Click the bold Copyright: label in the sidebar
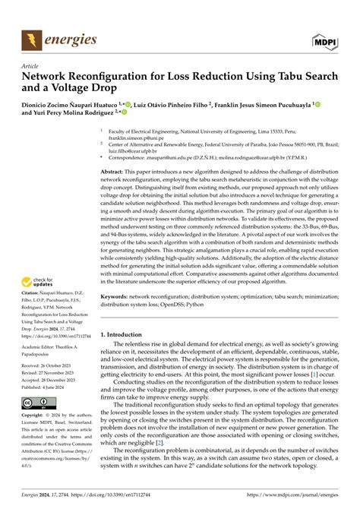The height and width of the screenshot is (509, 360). pos(34,416)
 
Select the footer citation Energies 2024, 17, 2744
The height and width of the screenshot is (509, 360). pos(46,497)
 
